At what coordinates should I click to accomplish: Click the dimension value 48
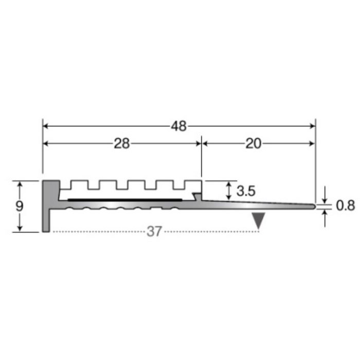pos(179,126)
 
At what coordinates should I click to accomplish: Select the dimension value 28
pos(122,143)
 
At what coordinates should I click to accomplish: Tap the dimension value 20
pos(253,143)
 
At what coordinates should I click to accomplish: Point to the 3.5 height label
pos(246,191)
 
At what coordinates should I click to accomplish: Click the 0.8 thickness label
pos(346,206)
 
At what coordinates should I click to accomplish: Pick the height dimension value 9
pos(20,206)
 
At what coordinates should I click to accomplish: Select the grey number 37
pos(154,231)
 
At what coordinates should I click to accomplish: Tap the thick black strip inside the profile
pos(125,200)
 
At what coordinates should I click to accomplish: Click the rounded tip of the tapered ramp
pos(314,206)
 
